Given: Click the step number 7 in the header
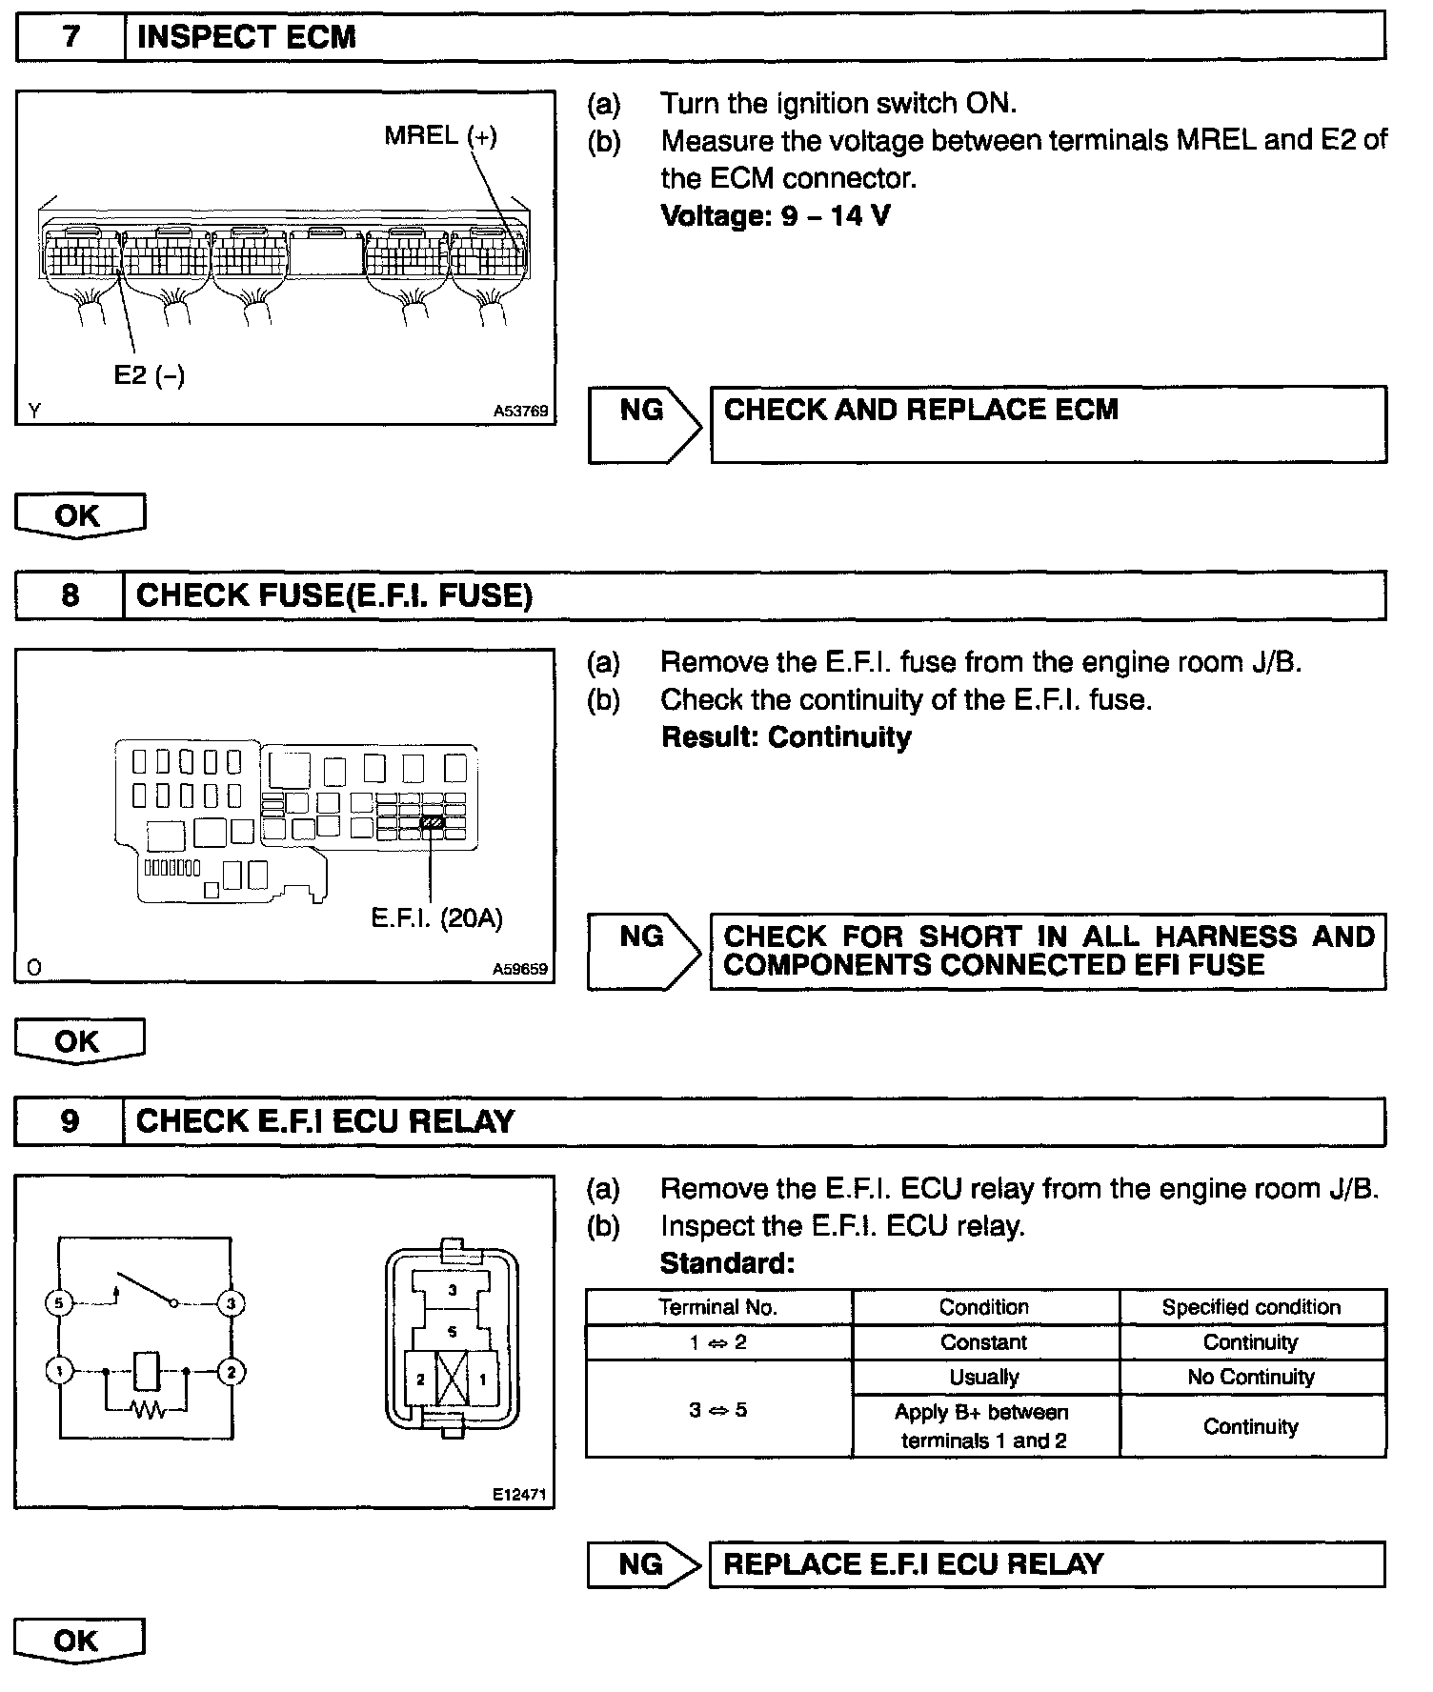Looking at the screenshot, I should (x=71, y=37).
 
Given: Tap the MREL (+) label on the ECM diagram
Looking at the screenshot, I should (x=440, y=135).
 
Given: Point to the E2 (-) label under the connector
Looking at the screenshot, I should (x=149, y=375).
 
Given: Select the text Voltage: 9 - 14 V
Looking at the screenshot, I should (x=776, y=216).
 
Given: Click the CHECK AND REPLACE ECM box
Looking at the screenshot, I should (x=1048, y=424).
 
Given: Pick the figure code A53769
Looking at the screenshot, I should (x=520, y=412).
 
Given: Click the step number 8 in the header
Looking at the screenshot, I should (x=71, y=595).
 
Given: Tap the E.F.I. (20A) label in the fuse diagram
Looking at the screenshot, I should (x=436, y=917).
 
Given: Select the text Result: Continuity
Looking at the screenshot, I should (x=786, y=737).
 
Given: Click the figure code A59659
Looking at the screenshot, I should (x=520, y=969).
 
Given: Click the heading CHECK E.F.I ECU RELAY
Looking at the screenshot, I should (x=325, y=1121).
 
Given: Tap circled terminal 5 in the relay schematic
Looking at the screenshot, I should (x=59, y=1302).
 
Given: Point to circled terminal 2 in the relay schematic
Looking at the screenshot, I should (x=232, y=1372).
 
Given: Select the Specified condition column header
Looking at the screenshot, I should (x=1251, y=1307).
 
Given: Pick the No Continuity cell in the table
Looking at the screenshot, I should (x=1251, y=1377).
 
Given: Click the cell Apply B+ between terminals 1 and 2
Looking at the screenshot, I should (x=984, y=1426).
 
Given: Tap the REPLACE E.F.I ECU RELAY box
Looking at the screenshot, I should (x=1047, y=1564).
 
